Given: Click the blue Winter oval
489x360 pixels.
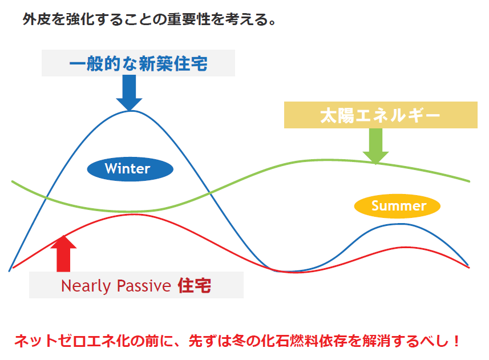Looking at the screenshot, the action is tap(130, 169).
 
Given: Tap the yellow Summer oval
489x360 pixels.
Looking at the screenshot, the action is tap(397, 206).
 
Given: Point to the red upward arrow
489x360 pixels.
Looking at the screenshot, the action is tap(63, 254).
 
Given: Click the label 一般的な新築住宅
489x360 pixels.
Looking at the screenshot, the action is tap(138, 63).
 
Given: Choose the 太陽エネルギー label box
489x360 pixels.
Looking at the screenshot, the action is tap(381, 115).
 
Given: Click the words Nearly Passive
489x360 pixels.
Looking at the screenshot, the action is tap(116, 286).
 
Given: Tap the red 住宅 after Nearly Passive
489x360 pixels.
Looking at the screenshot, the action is tap(195, 285).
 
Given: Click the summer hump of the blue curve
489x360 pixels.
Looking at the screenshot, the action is tap(400, 224).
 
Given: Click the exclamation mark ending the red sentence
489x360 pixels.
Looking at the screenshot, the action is tap(456, 341).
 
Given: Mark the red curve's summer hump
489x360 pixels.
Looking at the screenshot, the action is tap(406, 248).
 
